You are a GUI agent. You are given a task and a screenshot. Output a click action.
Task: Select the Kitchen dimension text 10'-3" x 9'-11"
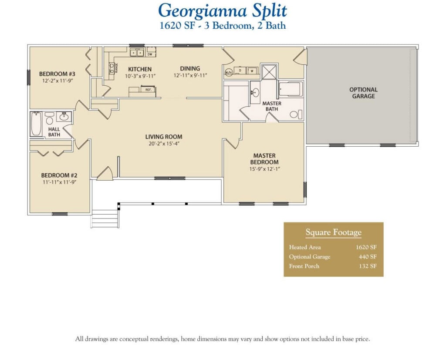tap(140, 76)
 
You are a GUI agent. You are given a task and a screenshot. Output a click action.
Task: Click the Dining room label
tap(190, 68)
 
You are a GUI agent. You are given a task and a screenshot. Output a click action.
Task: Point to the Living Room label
tap(164, 136)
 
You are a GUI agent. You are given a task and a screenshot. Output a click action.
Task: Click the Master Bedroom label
tap(265, 159)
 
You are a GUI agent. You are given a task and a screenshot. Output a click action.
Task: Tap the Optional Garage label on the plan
tap(363, 93)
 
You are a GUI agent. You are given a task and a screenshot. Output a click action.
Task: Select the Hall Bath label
tap(54, 132)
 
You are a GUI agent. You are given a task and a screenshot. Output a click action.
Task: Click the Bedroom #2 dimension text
tap(53, 182)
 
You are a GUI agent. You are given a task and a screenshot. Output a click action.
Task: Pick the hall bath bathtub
tap(36, 124)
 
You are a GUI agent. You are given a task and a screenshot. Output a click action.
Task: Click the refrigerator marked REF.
tap(148, 89)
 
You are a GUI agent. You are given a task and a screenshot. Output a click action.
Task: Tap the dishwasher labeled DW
tap(150, 54)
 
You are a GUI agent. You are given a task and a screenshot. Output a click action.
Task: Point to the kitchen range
tap(112, 67)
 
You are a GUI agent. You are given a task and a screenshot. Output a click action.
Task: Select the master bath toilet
tap(295, 114)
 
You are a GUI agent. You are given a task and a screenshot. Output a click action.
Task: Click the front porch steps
tap(105, 218)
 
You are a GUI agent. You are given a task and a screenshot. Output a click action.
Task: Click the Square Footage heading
tap(333, 232)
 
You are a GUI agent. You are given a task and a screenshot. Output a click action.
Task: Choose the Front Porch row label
tap(304, 266)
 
